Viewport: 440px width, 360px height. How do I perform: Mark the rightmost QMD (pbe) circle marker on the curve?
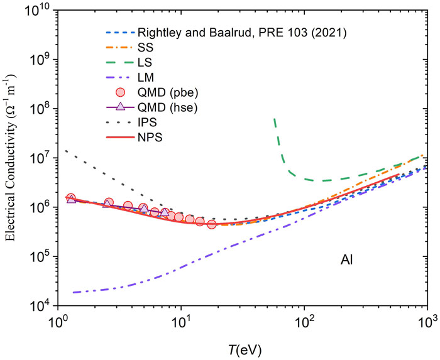[x=212, y=224]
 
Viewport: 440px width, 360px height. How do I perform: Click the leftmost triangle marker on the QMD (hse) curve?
[x=71, y=199]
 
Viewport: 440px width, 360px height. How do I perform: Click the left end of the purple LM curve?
[x=74, y=292]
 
